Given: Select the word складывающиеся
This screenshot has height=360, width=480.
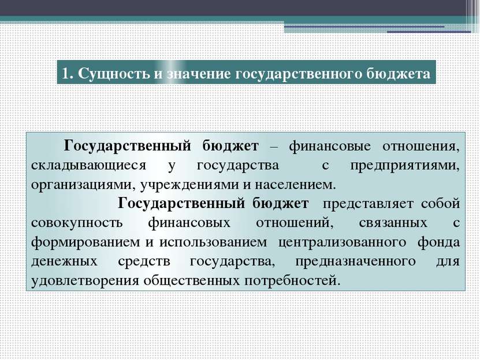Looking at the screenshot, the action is tap(89, 166).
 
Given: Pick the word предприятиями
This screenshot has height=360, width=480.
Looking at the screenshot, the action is tap(405, 166).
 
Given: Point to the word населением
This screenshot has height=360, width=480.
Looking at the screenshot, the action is tap(295, 185).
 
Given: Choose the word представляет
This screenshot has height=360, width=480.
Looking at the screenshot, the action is tap(369, 204).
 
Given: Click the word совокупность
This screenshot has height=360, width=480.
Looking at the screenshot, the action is tap(77, 223).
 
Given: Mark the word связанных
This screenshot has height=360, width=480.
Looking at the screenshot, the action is tap(393, 223).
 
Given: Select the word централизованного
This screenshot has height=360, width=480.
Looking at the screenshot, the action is tap(343, 243).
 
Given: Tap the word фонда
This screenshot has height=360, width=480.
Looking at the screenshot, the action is tap(438, 242).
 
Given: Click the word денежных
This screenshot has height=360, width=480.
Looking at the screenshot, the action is tap(64, 262).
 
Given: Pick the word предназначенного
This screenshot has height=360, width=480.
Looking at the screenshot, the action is tap(355, 262).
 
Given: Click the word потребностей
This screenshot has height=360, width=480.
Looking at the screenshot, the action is tap(292, 281).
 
